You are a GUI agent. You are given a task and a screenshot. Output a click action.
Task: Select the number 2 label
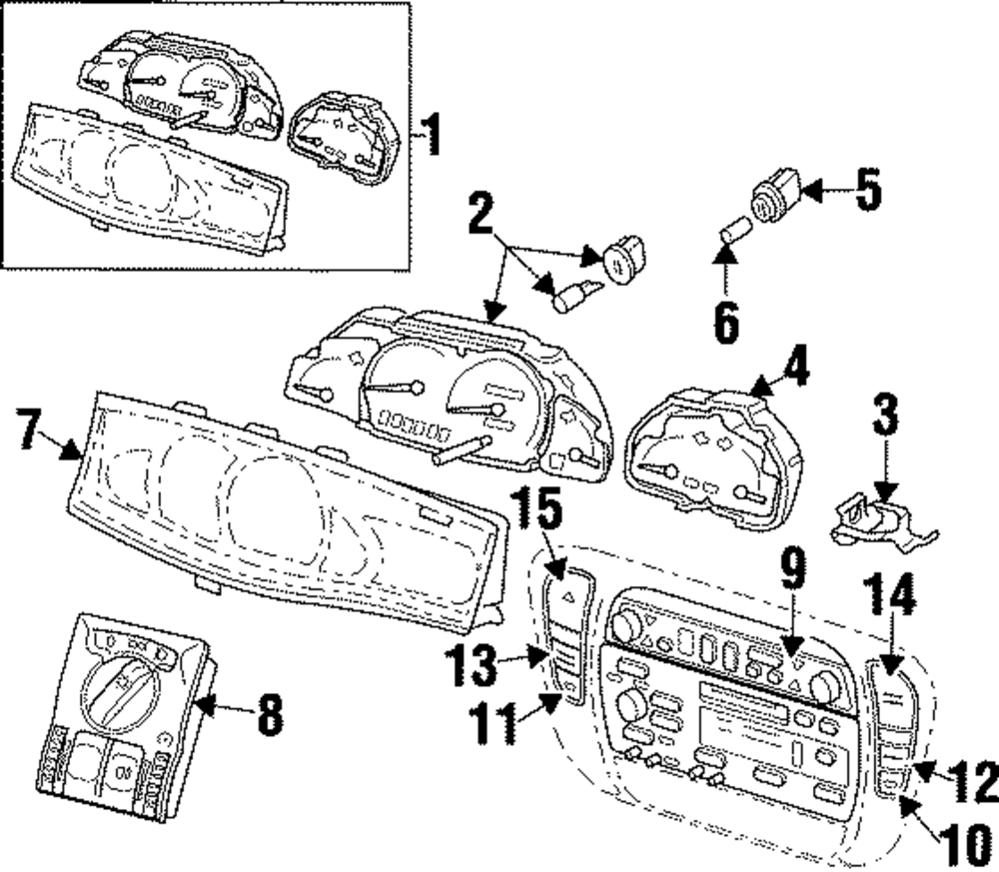[x=482, y=213]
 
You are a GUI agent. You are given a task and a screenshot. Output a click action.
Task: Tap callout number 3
[x=885, y=419]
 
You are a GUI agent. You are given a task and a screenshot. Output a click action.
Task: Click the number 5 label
[x=867, y=190]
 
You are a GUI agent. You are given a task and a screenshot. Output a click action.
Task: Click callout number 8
[x=268, y=714]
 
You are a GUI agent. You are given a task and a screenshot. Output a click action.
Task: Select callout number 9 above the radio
[x=791, y=571]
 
